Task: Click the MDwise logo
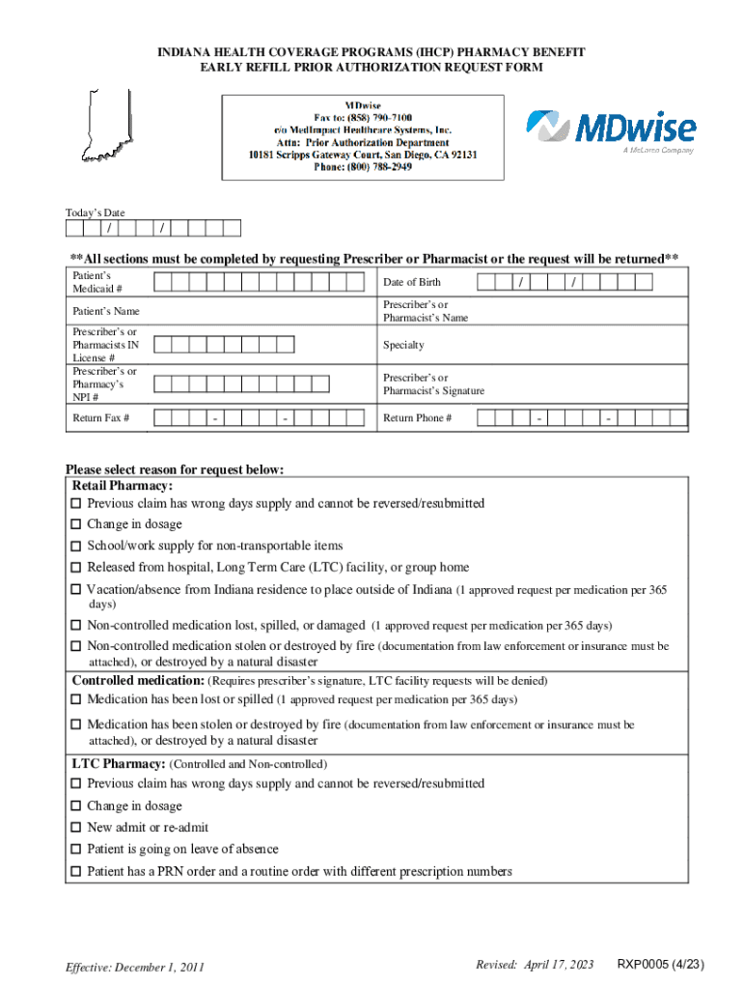coord(610,130)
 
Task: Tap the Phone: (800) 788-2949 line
coord(363,166)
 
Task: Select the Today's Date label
coord(95,212)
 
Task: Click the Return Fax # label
coord(101,418)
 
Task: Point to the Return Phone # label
coord(417,418)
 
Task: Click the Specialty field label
coord(403,345)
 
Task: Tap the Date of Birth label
coord(412,282)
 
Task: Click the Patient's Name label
coord(106,311)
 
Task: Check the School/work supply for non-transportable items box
coord(76,547)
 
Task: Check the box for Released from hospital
coord(76,568)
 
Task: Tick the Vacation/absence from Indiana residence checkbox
coord(76,589)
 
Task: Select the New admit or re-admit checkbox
coord(76,828)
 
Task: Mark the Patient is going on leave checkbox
coord(76,850)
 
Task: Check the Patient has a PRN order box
coord(76,872)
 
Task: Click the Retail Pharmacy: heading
coord(123,486)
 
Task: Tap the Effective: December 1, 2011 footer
coord(134,967)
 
